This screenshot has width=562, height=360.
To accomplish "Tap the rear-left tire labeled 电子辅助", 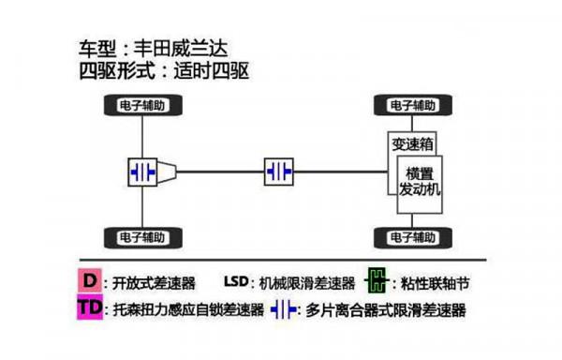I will (142, 233).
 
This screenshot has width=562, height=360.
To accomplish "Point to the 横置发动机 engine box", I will (419, 182).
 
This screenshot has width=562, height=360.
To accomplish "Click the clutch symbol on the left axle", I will (144, 172).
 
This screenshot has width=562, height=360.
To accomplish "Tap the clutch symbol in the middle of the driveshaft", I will (279, 172).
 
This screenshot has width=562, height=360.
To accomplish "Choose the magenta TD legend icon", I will (90, 308).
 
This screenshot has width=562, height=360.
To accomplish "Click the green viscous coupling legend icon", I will (377, 280).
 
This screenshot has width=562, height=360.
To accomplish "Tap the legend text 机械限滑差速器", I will (308, 282).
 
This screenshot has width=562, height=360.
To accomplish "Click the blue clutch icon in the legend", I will (285, 308).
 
